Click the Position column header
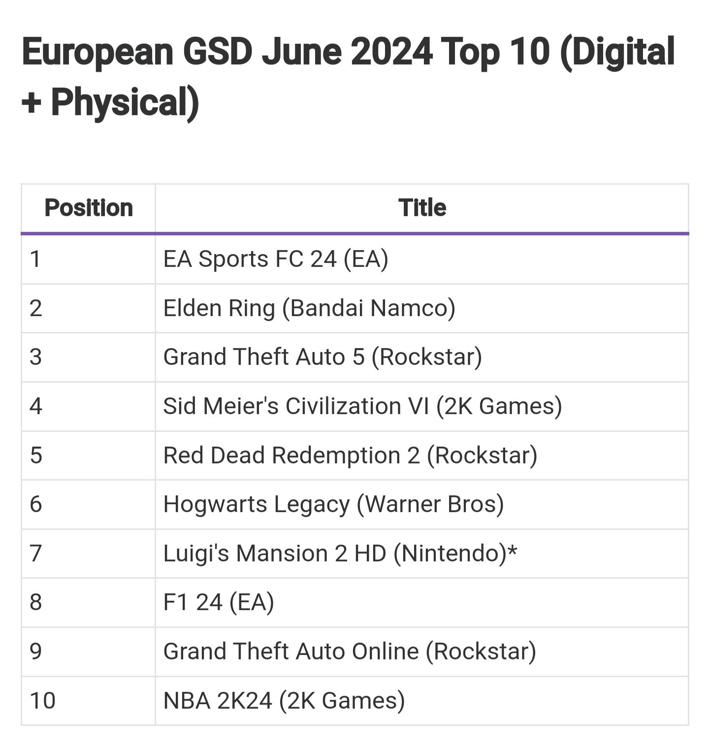click(x=89, y=208)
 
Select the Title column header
click(x=422, y=208)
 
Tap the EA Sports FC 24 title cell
click(x=276, y=259)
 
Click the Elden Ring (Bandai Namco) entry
click(x=309, y=308)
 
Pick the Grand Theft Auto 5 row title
click(x=322, y=357)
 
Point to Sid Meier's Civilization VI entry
click(x=362, y=406)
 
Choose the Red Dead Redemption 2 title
click(x=350, y=456)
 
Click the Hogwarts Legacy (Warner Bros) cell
click(x=333, y=504)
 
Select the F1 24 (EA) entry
click(x=219, y=602)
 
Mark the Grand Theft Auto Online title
click(x=350, y=652)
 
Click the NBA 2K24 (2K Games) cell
click(x=284, y=701)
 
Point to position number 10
click(x=42, y=701)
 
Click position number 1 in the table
click(x=35, y=259)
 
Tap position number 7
click(x=35, y=554)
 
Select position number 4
click(x=35, y=406)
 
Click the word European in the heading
click(x=97, y=53)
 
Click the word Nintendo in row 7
click(x=450, y=554)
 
